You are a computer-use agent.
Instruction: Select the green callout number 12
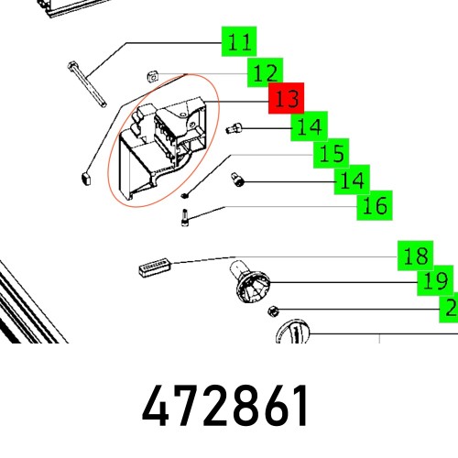265,71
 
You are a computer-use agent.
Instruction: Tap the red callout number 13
286,98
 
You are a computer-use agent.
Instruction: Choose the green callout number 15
332,153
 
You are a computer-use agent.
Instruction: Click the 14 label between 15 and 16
353,180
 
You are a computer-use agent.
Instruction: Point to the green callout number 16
375,205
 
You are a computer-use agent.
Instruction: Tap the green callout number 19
436,280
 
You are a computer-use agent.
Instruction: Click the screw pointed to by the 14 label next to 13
234,127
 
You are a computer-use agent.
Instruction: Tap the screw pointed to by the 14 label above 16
238,181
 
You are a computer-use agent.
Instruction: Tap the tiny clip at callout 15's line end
186,194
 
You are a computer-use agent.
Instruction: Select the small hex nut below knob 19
275,306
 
